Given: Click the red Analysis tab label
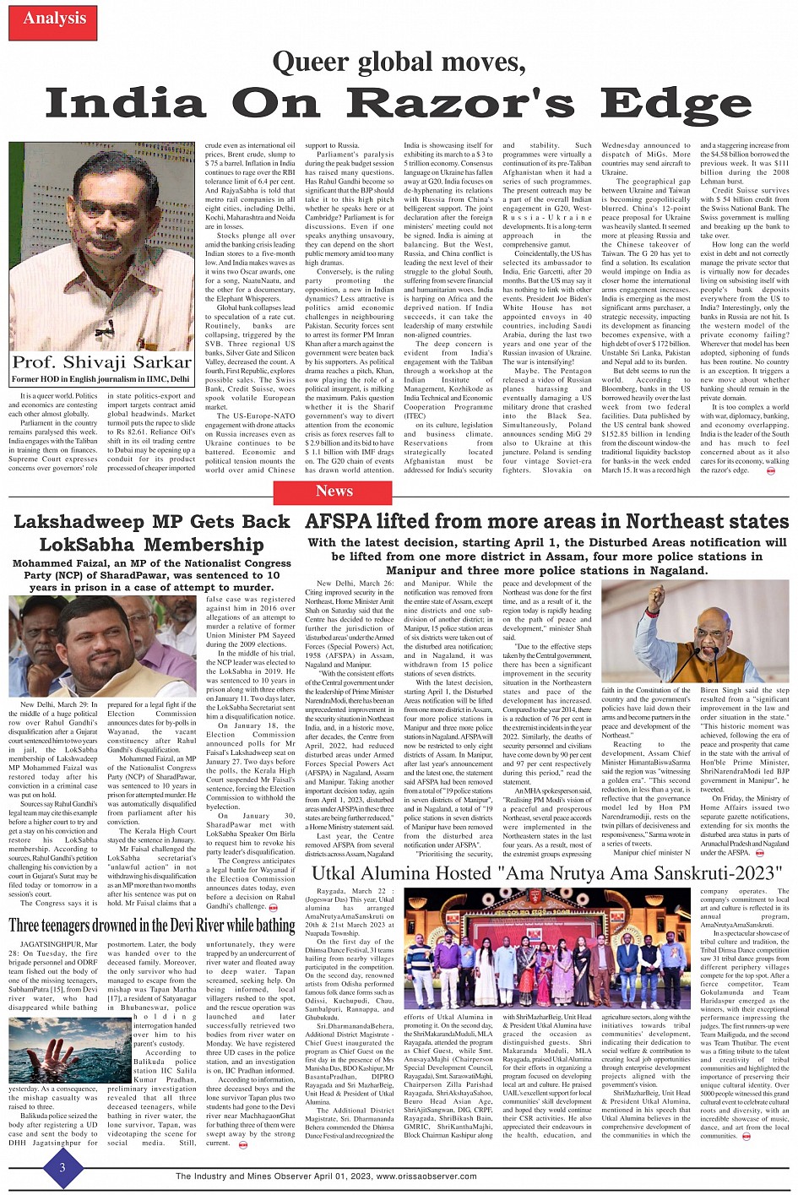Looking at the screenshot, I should click(x=54, y=19).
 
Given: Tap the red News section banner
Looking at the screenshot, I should click(x=334, y=491).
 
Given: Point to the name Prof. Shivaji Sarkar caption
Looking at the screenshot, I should click(x=102, y=362).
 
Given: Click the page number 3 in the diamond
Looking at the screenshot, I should click(x=62, y=1168).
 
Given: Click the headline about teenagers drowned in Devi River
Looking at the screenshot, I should click(x=152, y=926).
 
